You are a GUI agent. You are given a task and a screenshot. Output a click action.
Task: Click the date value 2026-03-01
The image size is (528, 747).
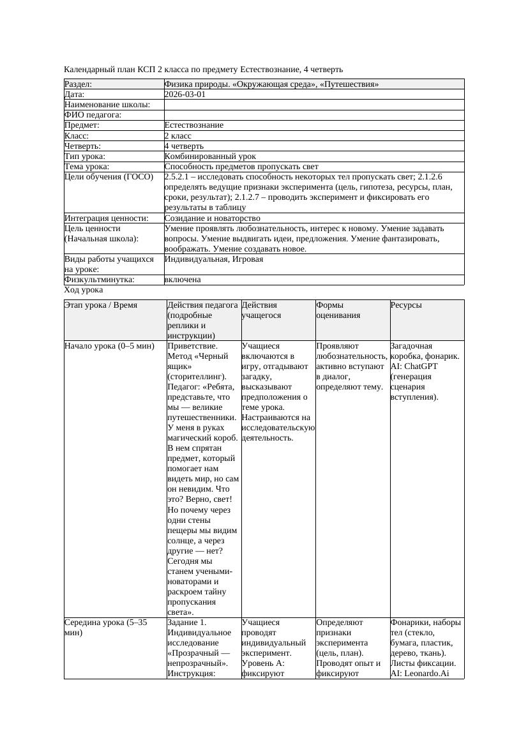(x=185, y=94)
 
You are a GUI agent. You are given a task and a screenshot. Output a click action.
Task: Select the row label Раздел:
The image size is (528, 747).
(x=79, y=84)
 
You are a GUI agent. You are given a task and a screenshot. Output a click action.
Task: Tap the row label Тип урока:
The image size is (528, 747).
(x=85, y=156)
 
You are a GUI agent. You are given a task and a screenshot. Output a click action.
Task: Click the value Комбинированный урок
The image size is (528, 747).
(x=210, y=156)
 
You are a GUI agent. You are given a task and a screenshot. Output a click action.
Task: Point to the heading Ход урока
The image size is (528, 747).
(x=84, y=290)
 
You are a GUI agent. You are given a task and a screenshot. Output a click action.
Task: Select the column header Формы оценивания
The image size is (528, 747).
(x=338, y=310)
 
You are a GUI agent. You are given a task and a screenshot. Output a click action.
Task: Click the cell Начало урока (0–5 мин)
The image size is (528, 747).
(x=109, y=346)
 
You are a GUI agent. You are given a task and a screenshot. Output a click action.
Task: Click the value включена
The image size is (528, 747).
(x=183, y=280)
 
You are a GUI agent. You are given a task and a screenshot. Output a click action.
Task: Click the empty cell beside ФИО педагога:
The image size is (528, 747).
(x=313, y=115)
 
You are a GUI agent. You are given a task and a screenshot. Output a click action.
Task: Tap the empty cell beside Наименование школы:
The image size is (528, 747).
(x=313, y=105)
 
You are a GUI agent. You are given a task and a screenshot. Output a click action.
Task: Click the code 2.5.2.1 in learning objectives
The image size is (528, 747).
(x=181, y=177)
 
